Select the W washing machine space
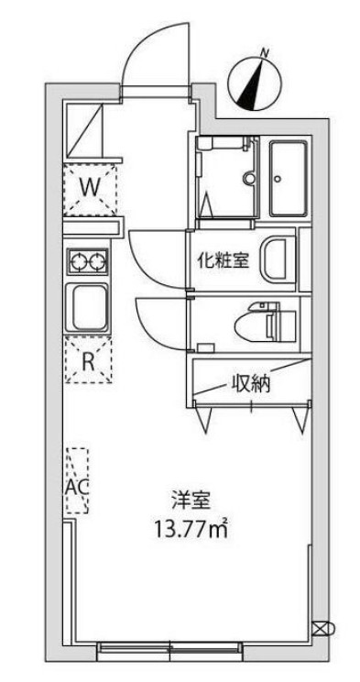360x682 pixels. pos(89,186)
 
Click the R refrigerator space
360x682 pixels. pos(89,359)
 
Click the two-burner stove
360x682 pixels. pos(87,262)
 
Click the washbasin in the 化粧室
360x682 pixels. pos(278,259)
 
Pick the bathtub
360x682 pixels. pos(289,180)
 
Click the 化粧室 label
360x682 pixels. pos(224,260)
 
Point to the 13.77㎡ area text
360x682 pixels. pos(191,528)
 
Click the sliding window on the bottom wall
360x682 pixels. pos(169,650)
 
